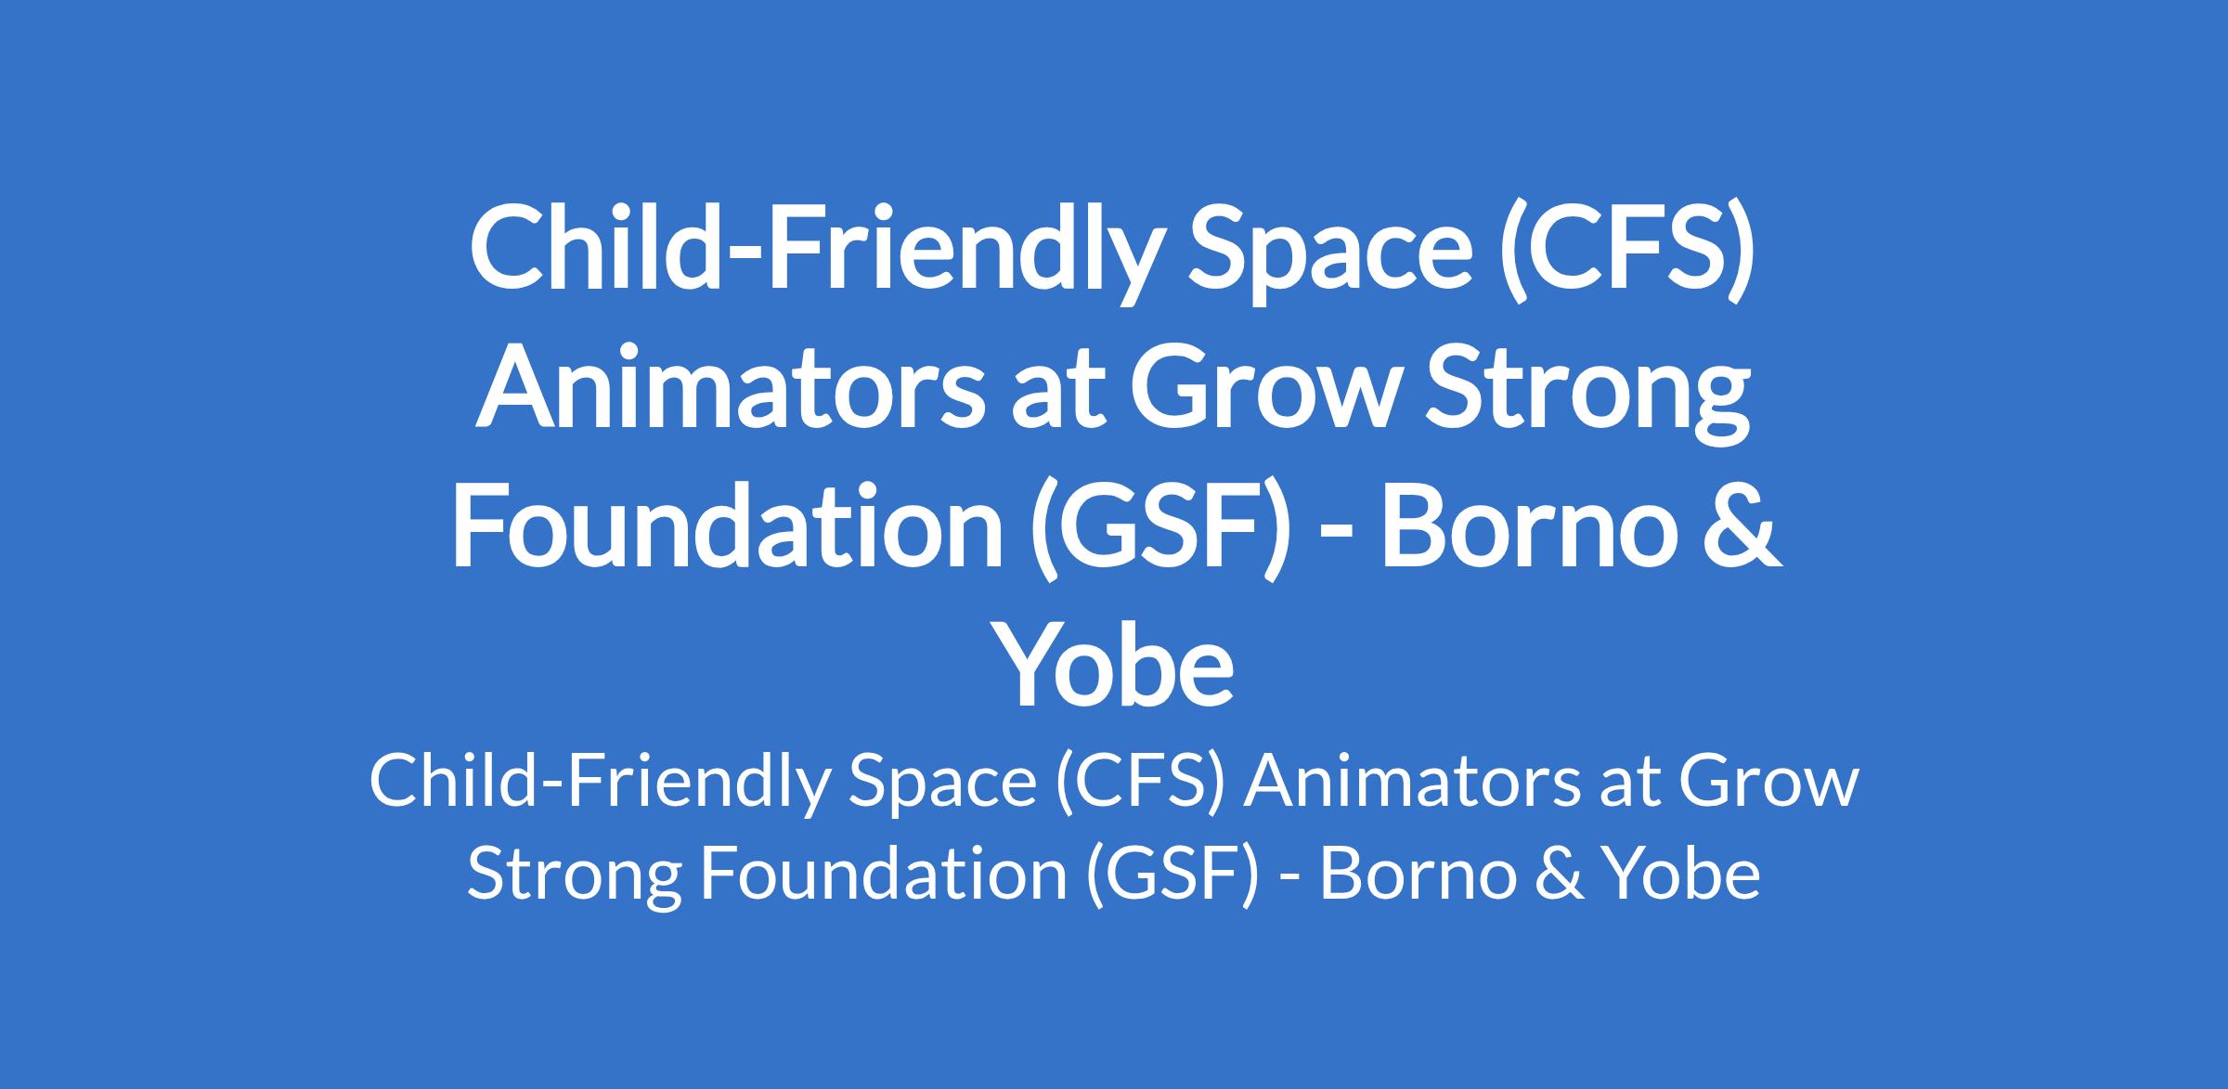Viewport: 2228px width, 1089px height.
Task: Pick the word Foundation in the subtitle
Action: tap(883, 874)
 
